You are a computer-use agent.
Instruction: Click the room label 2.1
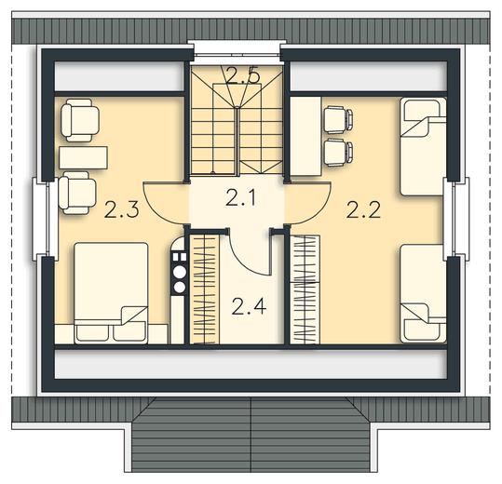[240, 197]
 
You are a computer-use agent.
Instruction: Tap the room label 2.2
[363, 209]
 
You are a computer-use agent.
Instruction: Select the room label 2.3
[122, 209]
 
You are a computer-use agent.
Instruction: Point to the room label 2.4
[249, 306]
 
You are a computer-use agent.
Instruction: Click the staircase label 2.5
[242, 75]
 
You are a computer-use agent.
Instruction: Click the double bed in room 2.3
[111, 293]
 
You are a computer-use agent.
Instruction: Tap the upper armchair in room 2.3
[80, 120]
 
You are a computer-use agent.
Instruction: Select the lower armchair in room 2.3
[77, 193]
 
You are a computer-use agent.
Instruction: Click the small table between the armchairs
[83, 157]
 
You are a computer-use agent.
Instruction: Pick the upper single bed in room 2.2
[423, 146]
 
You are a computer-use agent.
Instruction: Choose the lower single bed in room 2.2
[423, 294]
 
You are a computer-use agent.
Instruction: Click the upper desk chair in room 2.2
[338, 120]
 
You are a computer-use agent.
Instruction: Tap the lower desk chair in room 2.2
[338, 153]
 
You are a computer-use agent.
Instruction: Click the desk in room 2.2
[305, 136]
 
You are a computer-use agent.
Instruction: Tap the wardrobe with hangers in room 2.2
[305, 289]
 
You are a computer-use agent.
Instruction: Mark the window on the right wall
[456, 219]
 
